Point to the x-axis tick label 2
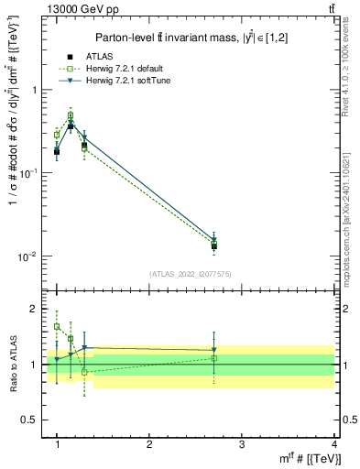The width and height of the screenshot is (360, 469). pos(149,443)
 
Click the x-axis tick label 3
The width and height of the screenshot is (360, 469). pos(242,443)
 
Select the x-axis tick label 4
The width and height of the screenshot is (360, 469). pos(334,443)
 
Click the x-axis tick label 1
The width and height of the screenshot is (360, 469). pos(57,443)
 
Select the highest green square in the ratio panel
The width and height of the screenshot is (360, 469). pos(57,326)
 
